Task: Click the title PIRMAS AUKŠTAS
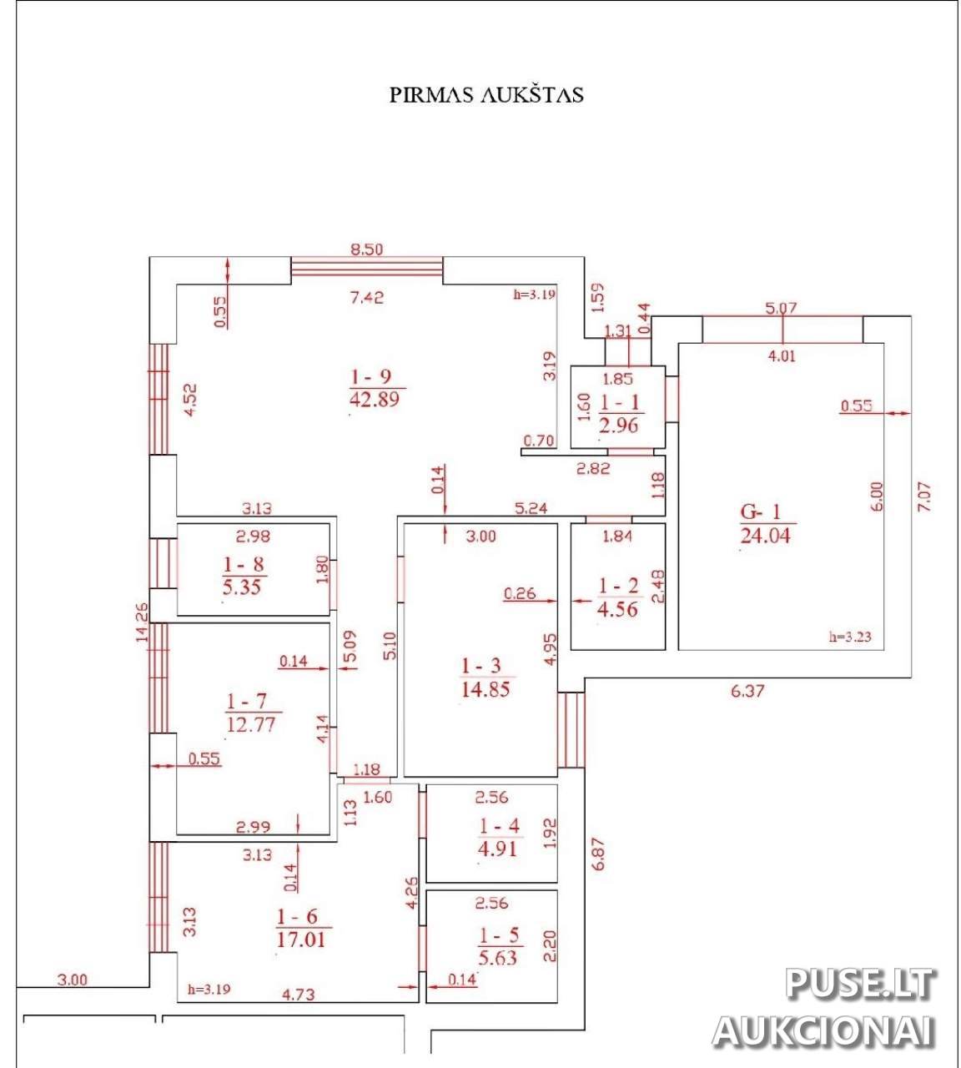pyautogui.click(x=486, y=94)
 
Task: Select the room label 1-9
pyautogui.click(x=375, y=378)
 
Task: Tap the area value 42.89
pyautogui.click(x=375, y=399)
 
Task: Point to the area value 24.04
pyautogui.click(x=765, y=535)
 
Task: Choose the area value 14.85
pyautogui.click(x=485, y=689)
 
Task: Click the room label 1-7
pyautogui.click(x=250, y=700)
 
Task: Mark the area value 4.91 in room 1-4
pyautogui.click(x=499, y=849)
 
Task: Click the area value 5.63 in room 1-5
pyautogui.click(x=498, y=957)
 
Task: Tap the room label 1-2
pyautogui.click(x=619, y=586)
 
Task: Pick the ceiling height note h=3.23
pyautogui.click(x=851, y=637)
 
